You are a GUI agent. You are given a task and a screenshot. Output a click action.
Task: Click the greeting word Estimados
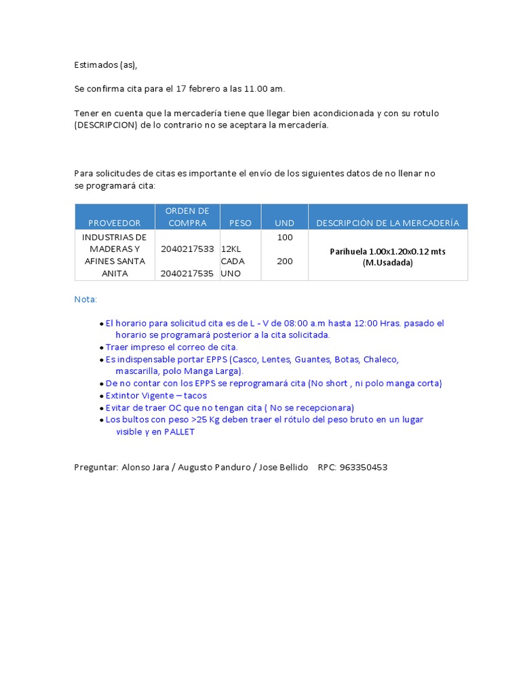click(x=96, y=65)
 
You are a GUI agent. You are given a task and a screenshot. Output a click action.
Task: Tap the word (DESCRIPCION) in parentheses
click(x=106, y=125)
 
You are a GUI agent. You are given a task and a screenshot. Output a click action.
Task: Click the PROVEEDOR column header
click(x=115, y=223)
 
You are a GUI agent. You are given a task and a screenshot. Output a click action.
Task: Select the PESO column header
click(x=240, y=223)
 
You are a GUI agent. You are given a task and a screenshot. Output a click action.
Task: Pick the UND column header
click(x=284, y=223)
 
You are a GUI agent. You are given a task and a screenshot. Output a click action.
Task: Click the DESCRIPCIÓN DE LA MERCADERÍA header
click(x=387, y=223)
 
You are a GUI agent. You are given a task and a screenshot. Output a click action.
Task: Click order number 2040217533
click(x=187, y=249)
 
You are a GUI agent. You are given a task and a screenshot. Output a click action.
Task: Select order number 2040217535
click(x=187, y=274)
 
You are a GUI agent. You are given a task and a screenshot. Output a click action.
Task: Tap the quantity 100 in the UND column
click(x=285, y=238)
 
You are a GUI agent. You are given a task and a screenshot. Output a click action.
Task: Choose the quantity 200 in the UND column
click(x=285, y=261)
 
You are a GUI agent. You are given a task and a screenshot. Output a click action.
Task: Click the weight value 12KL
click(x=231, y=249)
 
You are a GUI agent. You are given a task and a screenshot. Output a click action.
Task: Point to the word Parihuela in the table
click(x=349, y=251)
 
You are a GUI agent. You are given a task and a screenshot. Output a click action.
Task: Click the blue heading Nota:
click(x=85, y=299)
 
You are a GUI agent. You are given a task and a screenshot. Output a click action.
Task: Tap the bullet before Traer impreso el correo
click(x=102, y=347)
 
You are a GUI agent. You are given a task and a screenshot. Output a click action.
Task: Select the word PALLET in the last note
click(x=178, y=432)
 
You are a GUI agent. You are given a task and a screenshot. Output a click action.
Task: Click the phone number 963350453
click(x=363, y=468)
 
